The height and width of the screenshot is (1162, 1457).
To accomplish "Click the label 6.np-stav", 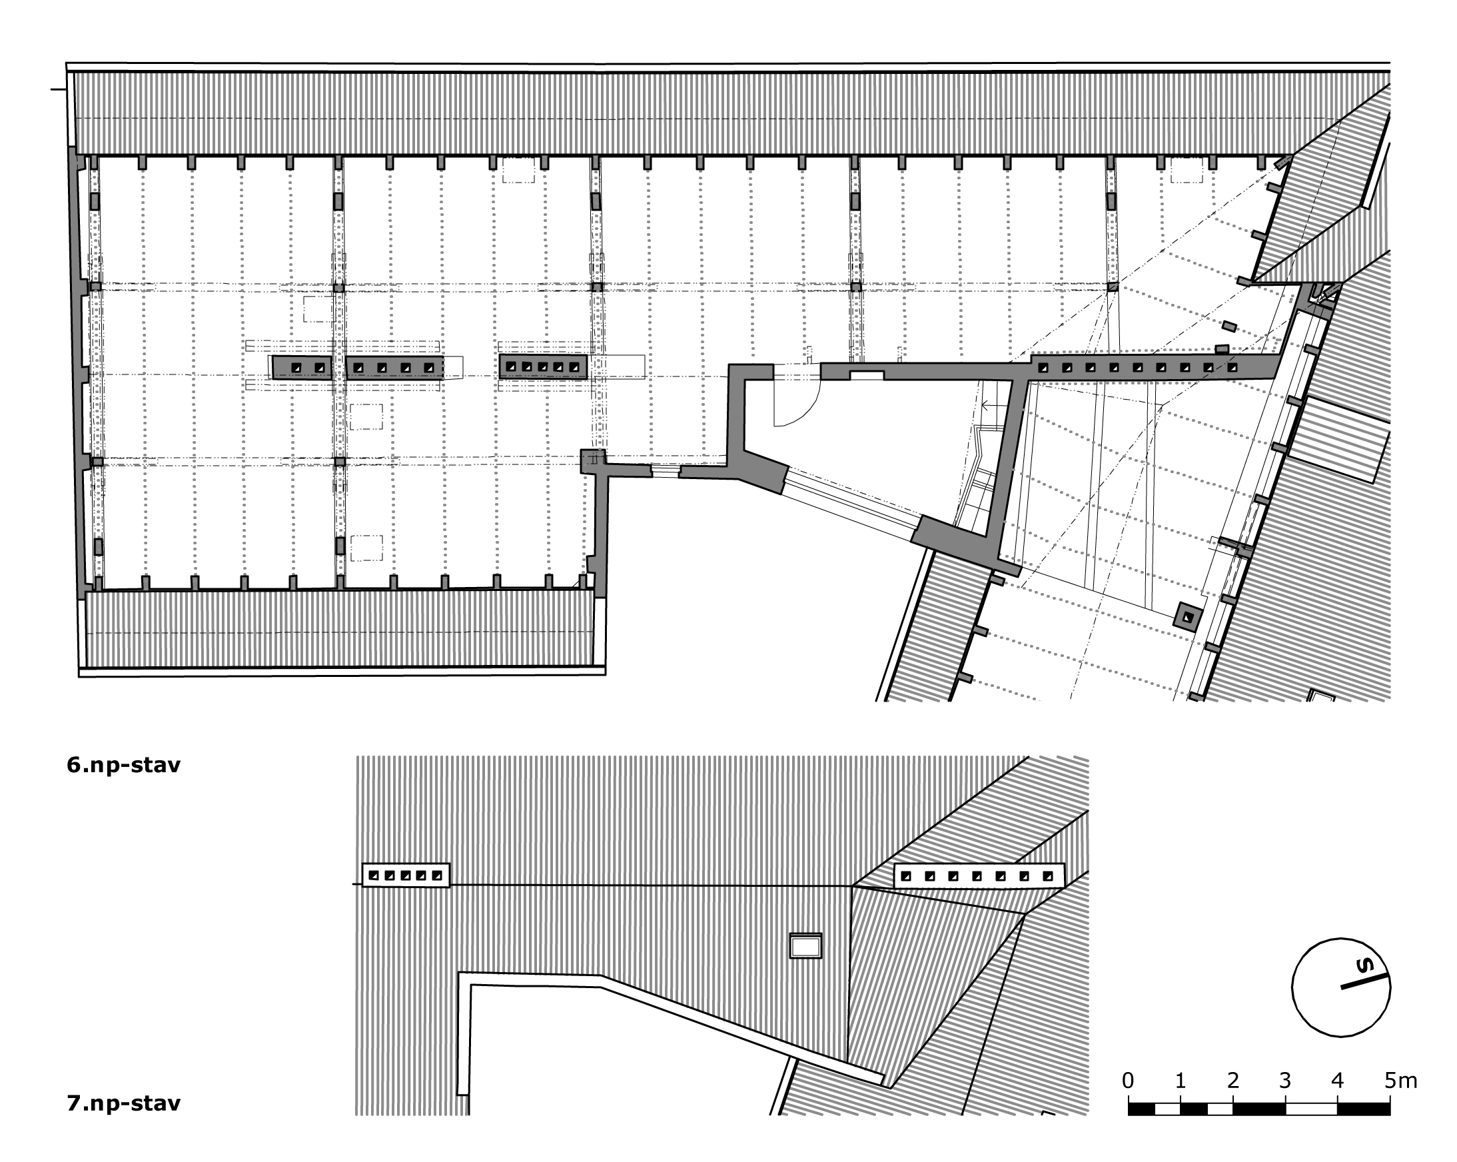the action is tap(124, 765).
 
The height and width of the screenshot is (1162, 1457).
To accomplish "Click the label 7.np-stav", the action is tap(124, 1103).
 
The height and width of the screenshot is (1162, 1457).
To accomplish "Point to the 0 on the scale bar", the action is tap(1127, 1081).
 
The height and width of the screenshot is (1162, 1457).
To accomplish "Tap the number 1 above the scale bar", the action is tap(1180, 1081).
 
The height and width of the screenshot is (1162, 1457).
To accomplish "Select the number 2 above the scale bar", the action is tap(1232, 1081).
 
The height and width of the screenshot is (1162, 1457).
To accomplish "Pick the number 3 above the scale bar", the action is tap(1285, 1081).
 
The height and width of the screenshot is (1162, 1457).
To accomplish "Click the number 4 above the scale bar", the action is tap(1337, 1081).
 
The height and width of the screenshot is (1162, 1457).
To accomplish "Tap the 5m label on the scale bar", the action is tap(1400, 1081).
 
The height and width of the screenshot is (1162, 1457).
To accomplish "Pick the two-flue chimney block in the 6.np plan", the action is tap(301, 368).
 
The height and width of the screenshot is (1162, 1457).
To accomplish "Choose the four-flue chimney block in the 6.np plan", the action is tap(394, 368).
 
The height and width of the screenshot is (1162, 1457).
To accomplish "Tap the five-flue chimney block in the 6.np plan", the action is tap(544, 366).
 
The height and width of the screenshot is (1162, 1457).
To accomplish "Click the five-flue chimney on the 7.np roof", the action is tap(406, 875).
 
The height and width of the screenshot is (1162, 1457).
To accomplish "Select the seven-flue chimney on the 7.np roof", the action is tap(979, 876).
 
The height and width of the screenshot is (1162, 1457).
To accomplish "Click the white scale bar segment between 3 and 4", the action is tap(1311, 1109).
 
